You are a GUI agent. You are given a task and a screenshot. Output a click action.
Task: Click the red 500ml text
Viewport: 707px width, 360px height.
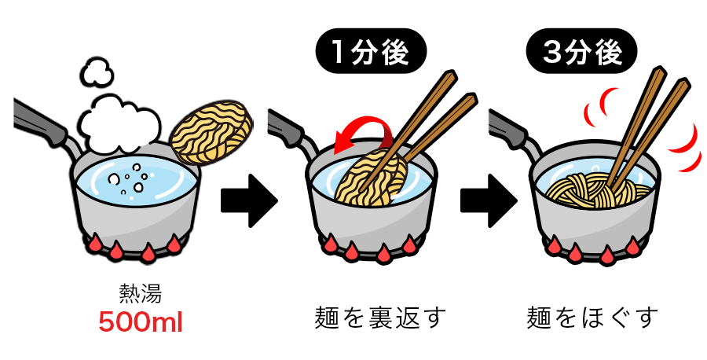(x=141, y=322)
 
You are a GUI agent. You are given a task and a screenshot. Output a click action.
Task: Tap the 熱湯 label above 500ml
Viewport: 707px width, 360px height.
(x=141, y=293)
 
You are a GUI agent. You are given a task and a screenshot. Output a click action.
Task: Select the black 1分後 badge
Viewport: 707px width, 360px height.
(x=371, y=51)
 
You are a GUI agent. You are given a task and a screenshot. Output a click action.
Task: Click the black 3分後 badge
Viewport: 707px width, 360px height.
(x=581, y=51)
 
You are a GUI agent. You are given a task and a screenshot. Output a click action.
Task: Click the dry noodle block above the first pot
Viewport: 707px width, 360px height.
(x=211, y=133)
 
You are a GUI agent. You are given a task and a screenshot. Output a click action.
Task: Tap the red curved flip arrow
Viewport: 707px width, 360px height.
(x=361, y=130)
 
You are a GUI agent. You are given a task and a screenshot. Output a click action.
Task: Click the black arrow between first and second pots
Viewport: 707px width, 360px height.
(x=249, y=200)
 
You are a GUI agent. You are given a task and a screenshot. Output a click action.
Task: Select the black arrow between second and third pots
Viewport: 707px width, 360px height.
(x=489, y=200)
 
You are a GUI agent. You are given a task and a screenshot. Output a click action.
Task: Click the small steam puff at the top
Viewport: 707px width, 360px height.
(x=97, y=72)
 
